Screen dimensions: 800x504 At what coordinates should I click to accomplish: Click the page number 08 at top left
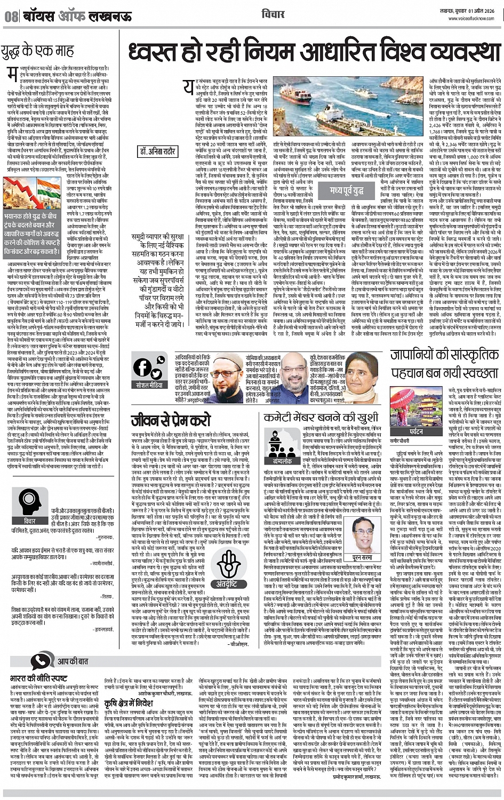click(11, 16)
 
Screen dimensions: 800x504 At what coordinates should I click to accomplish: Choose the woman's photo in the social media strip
click(361, 363)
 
